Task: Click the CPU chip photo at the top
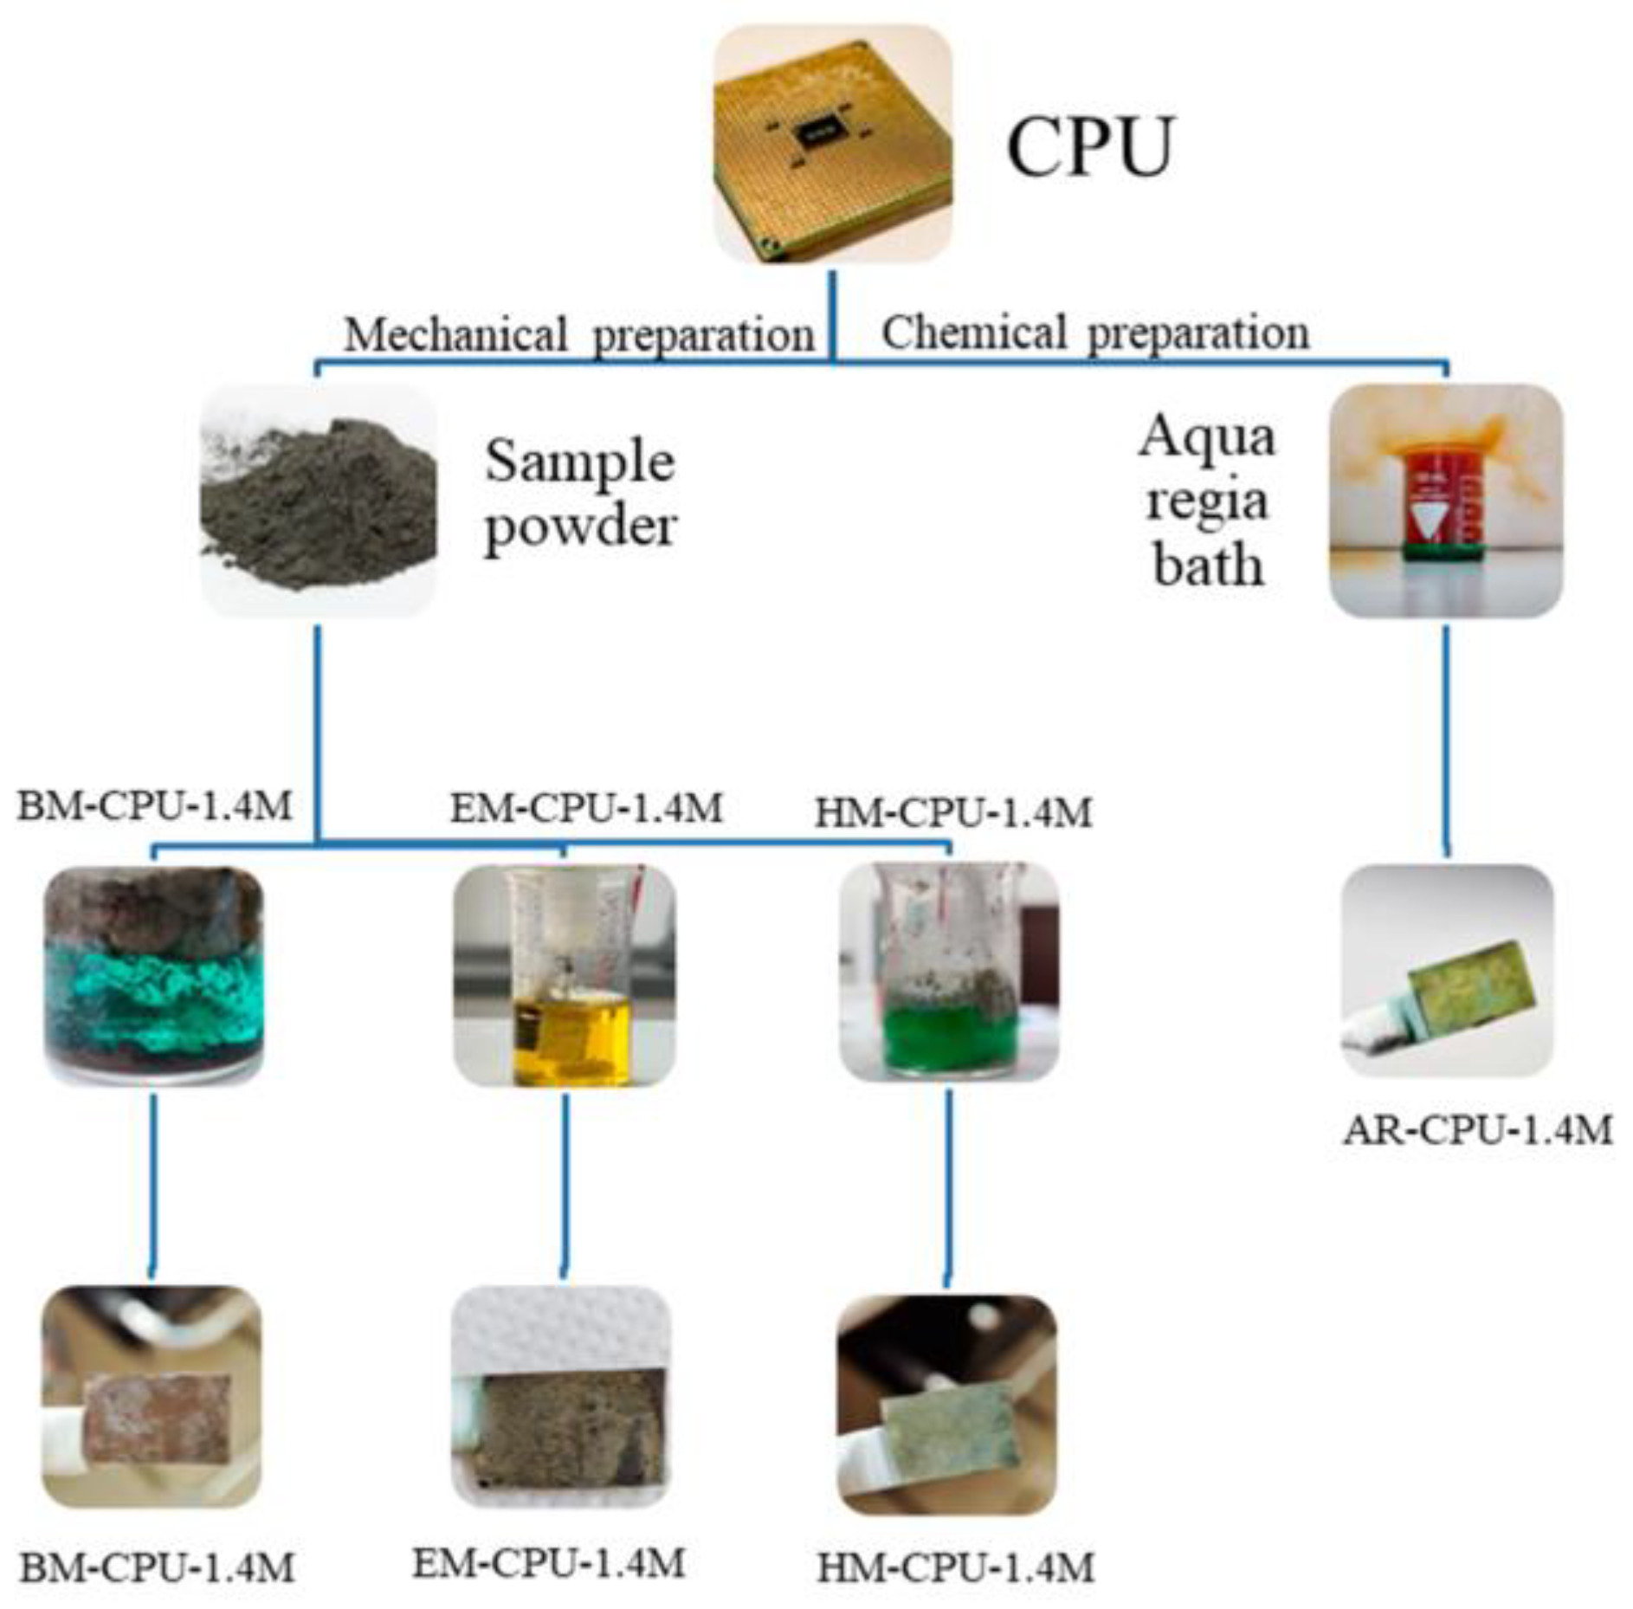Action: [832, 144]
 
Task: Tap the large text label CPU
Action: [1088, 146]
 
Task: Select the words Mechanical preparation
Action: [578, 335]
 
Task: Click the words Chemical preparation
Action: [1094, 333]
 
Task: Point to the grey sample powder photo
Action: [319, 501]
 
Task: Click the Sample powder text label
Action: [579, 494]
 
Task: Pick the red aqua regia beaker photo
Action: [1445, 501]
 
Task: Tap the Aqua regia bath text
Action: [1207, 501]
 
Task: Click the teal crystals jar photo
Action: [154, 975]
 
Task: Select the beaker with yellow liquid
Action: [565, 975]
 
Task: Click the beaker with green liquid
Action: [949, 972]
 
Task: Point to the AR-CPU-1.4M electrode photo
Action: [1446, 970]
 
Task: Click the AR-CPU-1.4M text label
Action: [1477, 1130]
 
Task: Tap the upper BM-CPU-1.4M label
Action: [155, 806]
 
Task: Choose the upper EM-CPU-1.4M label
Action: [585, 808]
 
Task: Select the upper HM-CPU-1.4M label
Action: [953, 812]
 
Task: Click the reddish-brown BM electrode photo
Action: [152, 1396]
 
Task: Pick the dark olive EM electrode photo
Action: [561, 1396]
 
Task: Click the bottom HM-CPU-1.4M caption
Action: [956, 1567]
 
